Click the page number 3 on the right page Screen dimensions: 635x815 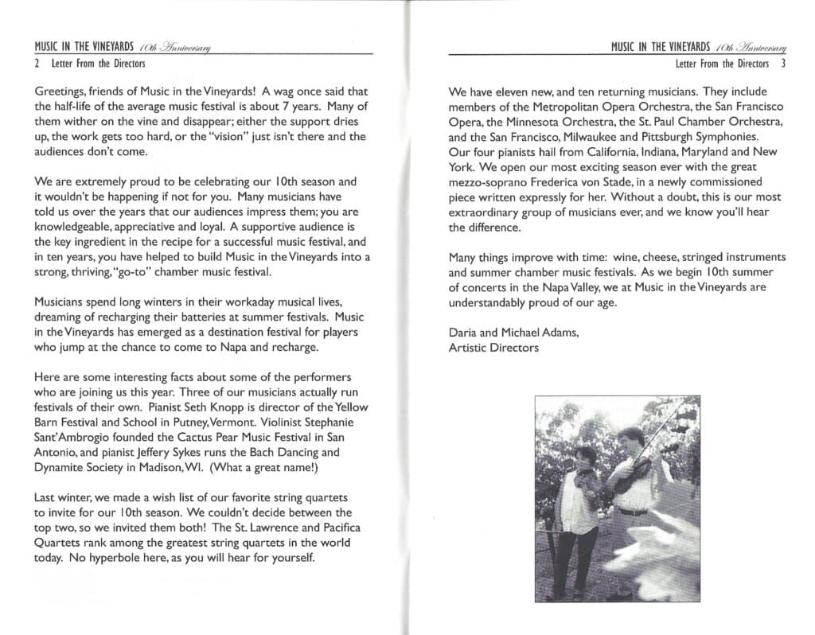(783, 64)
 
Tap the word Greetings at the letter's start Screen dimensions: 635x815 (59, 92)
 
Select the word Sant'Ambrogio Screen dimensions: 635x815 (70, 438)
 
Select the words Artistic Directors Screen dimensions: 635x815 (493, 348)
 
